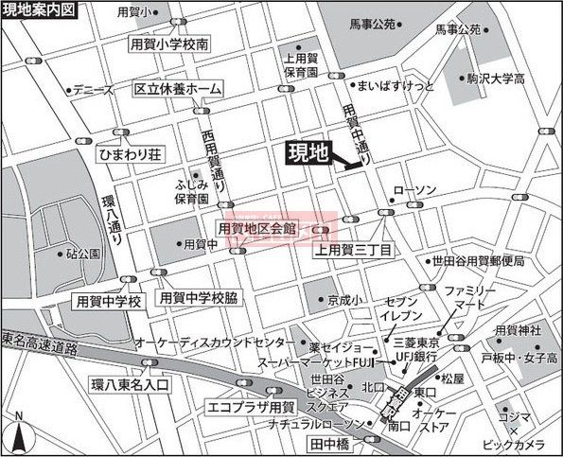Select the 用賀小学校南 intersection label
(170, 44)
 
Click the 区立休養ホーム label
(178, 89)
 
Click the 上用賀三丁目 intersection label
(355, 250)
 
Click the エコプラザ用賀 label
(251, 408)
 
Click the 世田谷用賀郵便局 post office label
(477, 261)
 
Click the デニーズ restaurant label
(93, 91)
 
